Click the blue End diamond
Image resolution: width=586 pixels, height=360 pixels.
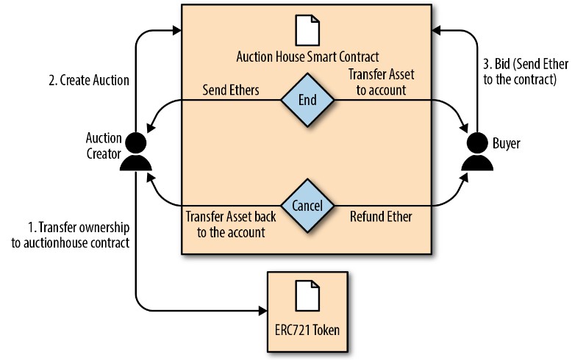pyautogui.click(x=307, y=100)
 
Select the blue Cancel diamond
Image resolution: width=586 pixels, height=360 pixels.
pyautogui.click(x=307, y=206)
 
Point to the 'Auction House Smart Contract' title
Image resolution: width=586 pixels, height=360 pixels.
pyautogui.click(x=307, y=56)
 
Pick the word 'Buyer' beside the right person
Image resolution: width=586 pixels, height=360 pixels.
pyautogui.click(x=506, y=144)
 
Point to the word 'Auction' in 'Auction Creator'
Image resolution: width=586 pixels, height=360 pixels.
pyautogui.click(x=104, y=138)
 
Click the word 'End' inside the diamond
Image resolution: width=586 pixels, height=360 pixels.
pyautogui.click(x=307, y=100)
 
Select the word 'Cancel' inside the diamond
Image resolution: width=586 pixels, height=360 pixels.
pyautogui.click(x=307, y=206)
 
